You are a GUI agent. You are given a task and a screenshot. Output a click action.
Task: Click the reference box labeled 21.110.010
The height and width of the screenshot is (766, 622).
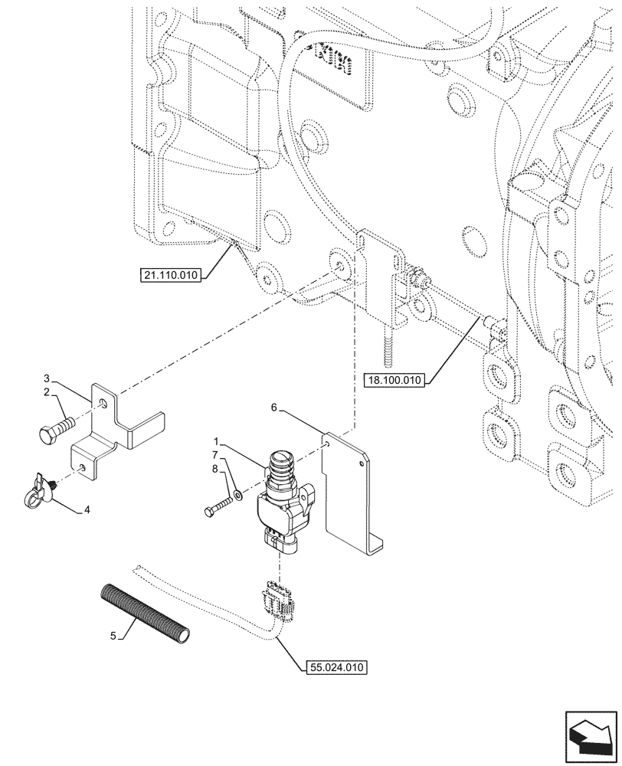click(x=170, y=276)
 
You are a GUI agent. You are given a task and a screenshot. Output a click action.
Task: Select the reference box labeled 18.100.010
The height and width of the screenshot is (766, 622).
click(x=395, y=379)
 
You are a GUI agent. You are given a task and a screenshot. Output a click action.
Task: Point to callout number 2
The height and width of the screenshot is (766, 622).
click(x=46, y=392)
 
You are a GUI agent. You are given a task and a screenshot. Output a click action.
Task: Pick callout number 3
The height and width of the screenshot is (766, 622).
click(x=46, y=378)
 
